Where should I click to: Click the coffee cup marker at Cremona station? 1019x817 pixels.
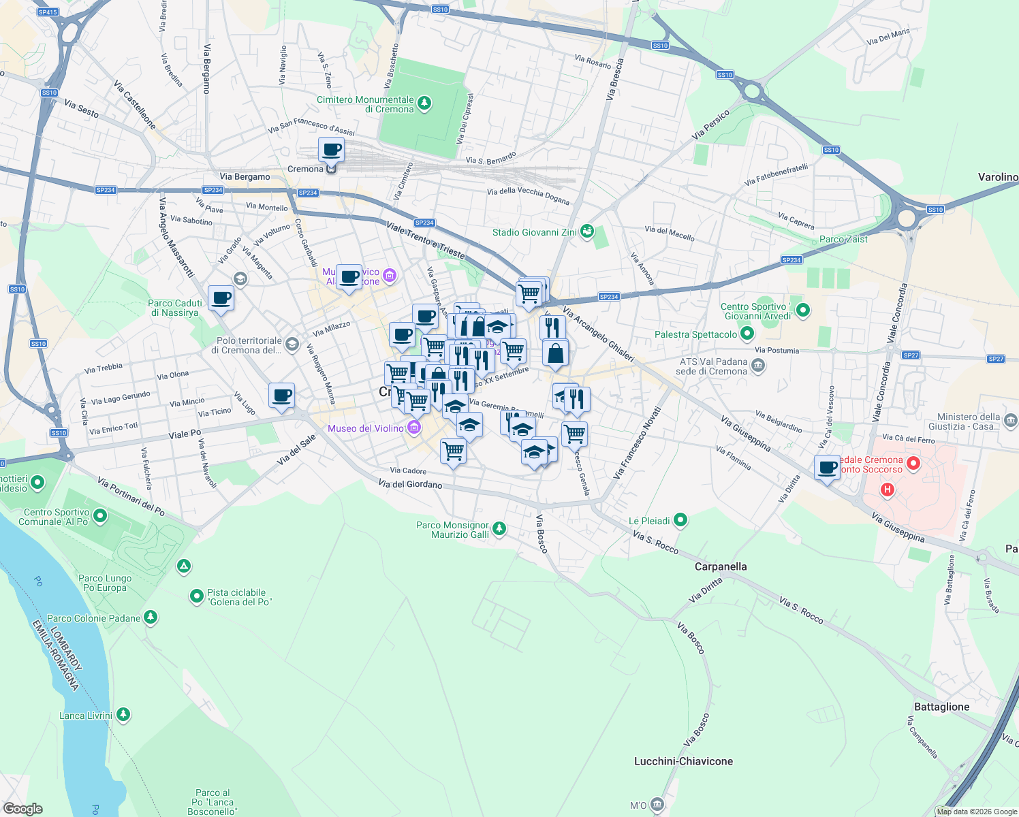coord(332,150)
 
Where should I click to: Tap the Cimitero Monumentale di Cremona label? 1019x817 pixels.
coord(365,104)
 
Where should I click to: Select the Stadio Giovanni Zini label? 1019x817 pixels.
coord(534,232)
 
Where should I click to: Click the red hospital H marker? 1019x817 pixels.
coord(887,490)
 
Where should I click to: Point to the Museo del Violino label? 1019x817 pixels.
coord(366,428)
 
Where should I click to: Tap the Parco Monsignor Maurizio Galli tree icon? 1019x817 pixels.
coord(499,529)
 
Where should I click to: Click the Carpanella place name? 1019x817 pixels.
coord(721,566)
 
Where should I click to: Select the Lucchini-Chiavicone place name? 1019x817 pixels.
coord(683,761)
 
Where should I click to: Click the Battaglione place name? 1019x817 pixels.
coord(941,707)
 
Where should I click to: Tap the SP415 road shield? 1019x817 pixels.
coord(48,12)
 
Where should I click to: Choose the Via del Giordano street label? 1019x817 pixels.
coord(410,484)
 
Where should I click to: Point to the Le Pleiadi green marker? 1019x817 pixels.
coord(680,521)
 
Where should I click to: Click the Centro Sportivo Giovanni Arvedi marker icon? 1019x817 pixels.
coord(803,310)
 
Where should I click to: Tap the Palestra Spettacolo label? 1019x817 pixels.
coord(695,334)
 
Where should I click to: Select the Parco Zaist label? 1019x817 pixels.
coord(843,239)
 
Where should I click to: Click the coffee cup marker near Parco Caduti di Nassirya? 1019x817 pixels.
coord(221,298)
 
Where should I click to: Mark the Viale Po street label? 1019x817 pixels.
coord(185,434)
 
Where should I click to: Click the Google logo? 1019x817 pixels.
coord(22,809)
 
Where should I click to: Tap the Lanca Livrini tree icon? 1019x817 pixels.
coord(123,715)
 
